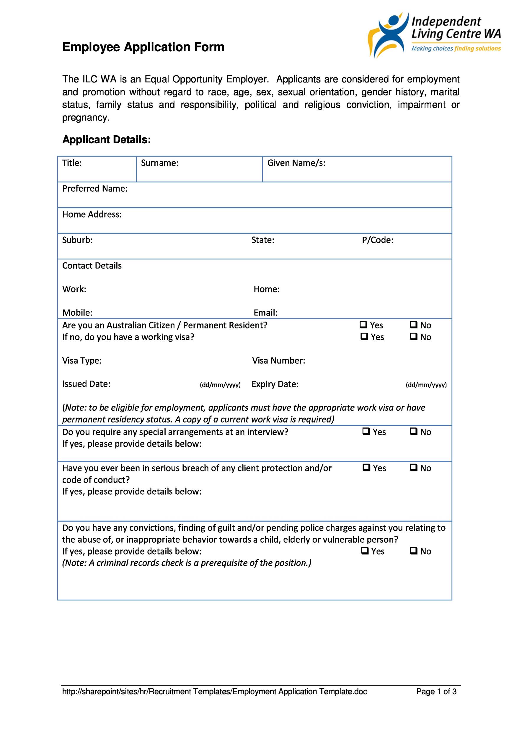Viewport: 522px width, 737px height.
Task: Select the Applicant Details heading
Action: click(x=106, y=140)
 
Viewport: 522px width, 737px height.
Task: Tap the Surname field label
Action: click(x=159, y=163)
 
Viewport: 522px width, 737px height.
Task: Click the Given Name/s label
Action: click(x=296, y=163)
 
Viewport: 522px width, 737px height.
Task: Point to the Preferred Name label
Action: click(x=95, y=189)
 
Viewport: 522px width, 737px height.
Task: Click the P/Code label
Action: click(x=377, y=240)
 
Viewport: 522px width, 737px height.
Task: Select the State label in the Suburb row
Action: click(x=262, y=240)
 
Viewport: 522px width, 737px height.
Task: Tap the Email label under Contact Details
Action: click(x=265, y=313)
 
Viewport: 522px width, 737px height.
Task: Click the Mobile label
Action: click(x=77, y=313)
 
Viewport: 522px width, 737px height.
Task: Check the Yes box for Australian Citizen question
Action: click(x=363, y=325)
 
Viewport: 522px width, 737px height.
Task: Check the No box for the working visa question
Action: click(x=413, y=336)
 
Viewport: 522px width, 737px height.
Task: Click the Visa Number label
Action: click(x=278, y=361)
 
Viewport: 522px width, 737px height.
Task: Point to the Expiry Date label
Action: click(x=275, y=384)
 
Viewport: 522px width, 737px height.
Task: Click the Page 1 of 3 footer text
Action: click(x=436, y=700)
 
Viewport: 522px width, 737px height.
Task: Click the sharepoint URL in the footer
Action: click(x=214, y=700)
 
